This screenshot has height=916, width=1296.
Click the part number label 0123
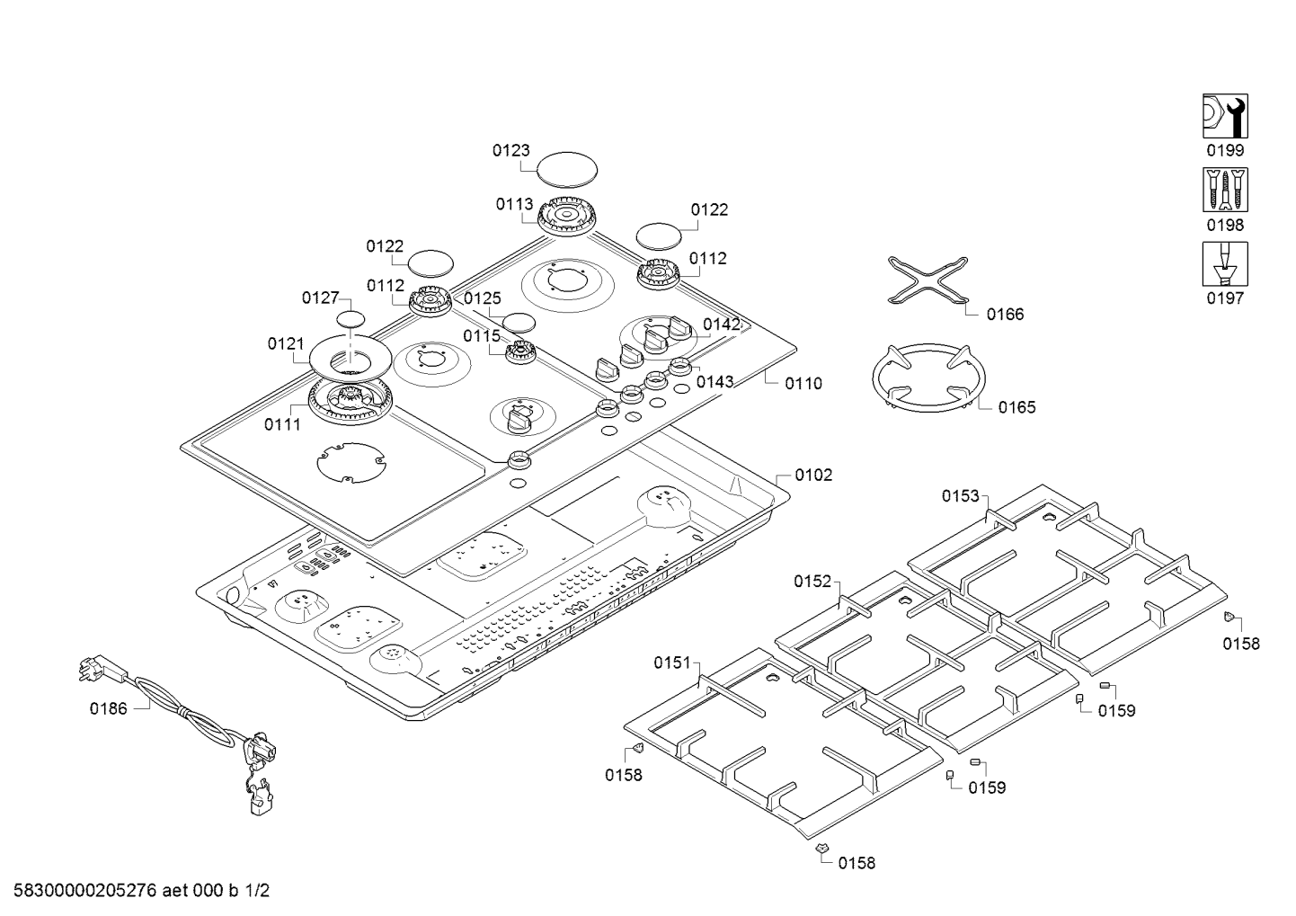coord(510,151)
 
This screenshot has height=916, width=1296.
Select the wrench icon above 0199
coord(1225,116)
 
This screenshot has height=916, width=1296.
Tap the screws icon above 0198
coord(1225,191)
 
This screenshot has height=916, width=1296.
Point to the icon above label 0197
coord(1225,264)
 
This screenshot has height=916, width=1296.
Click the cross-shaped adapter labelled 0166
coord(927,280)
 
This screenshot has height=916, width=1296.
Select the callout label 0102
coord(813,475)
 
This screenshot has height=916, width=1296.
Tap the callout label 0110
coord(803,384)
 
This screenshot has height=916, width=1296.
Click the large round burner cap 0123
coord(567,168)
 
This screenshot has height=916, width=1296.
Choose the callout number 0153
coord(960,495)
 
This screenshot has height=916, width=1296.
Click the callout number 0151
coord(671,663)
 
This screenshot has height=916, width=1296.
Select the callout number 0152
coord(812,582)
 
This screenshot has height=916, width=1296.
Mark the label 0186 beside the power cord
coord(108,708)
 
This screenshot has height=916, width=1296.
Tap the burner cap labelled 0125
coord(519,322)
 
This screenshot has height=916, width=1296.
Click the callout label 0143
coord(715,381)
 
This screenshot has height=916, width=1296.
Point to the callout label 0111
coord(282,425)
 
